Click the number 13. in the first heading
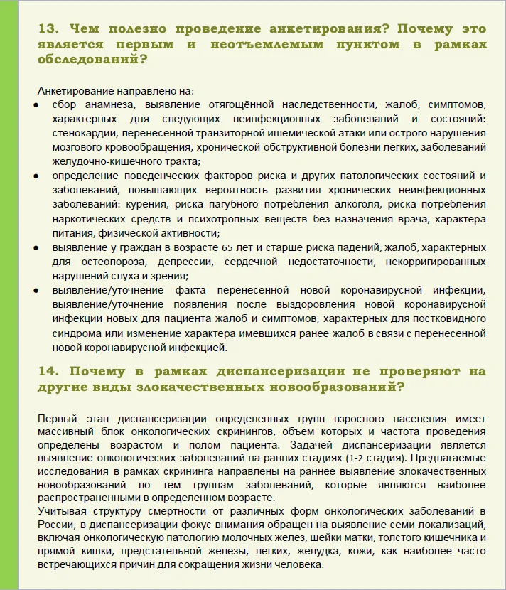point(48,29)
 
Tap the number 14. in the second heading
point(48,371)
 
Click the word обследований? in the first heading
point(93,60)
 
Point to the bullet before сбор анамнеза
point(37,104)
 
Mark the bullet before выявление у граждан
point(37,247)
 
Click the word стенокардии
point(80,133)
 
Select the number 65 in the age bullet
point(228,247)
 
